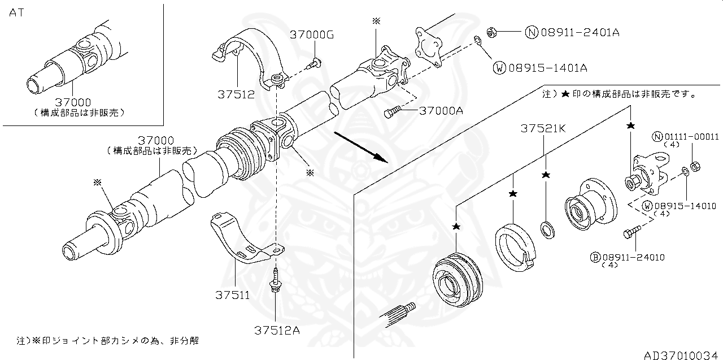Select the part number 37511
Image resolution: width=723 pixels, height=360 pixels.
[x=232, y=294]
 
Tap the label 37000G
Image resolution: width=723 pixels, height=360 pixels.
[x=312, y=34]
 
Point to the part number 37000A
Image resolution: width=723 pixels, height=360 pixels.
[x=441, y=111]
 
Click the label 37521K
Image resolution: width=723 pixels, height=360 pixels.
[x=543, y=129]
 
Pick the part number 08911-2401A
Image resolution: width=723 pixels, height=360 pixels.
[x=580, y=32]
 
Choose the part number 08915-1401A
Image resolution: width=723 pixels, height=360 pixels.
[x=547, y=68]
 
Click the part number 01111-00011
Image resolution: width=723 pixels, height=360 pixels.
[x=691, y=136]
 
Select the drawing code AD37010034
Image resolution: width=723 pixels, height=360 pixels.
[x=681, y=354]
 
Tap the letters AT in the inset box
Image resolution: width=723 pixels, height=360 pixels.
[x=16, y=12]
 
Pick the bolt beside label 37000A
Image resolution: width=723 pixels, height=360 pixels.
[x=392, y=113]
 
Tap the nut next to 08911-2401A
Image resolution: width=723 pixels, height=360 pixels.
[x=491, y=32]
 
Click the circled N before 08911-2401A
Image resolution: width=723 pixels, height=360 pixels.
[x=532, y=32]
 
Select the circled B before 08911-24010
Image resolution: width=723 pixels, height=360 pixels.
[x=595, y=257]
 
